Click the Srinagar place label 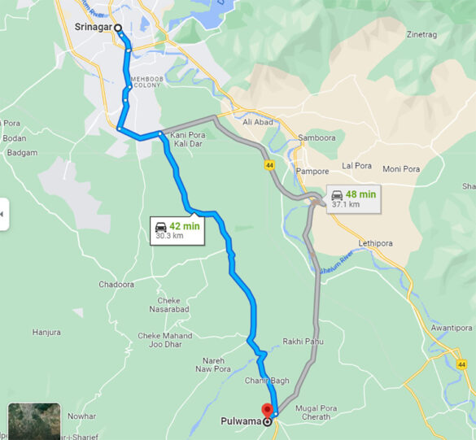[x=93, y=28]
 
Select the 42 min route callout [x=177, y=231]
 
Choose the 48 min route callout [x=353, y=198]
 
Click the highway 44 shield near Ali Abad [x=269, y=165]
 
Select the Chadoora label [x=116, y=284]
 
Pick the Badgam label [x=21, y=152]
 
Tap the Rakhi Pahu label [x=303, y=342]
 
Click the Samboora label [x=317, y=137]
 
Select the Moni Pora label [x=401, y=169]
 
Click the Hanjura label [x=46, y=332]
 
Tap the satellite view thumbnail [x=34, y=421]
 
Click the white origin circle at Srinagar [x=119, y=28]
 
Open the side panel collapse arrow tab [x=4, y=214]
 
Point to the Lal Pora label [x=356, y=165]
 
